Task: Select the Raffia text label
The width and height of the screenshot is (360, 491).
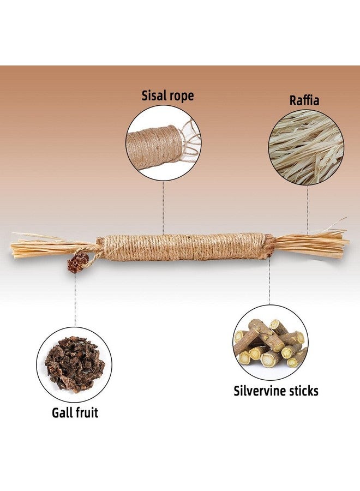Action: [x=304, y=100]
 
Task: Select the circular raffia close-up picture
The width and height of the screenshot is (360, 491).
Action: [x=306, y=147]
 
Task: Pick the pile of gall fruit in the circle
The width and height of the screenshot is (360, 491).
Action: [x=75, y=364]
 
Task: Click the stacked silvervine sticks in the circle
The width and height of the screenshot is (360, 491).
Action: [x=269, y=343]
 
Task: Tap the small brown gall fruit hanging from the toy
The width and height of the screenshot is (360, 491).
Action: [x=77, y=262]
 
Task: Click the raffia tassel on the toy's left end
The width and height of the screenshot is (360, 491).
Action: [x=47, y=245]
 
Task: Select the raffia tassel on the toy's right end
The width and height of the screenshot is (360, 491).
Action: [x=311, y=242]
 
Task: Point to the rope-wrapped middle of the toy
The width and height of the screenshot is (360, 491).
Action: [x=186, y=247]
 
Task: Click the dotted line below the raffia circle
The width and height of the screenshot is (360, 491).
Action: [x=308, y=210]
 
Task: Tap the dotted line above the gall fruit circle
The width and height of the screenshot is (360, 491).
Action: [x=75, y=300]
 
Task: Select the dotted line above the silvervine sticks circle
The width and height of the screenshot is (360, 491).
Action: [x=269, y=280]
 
